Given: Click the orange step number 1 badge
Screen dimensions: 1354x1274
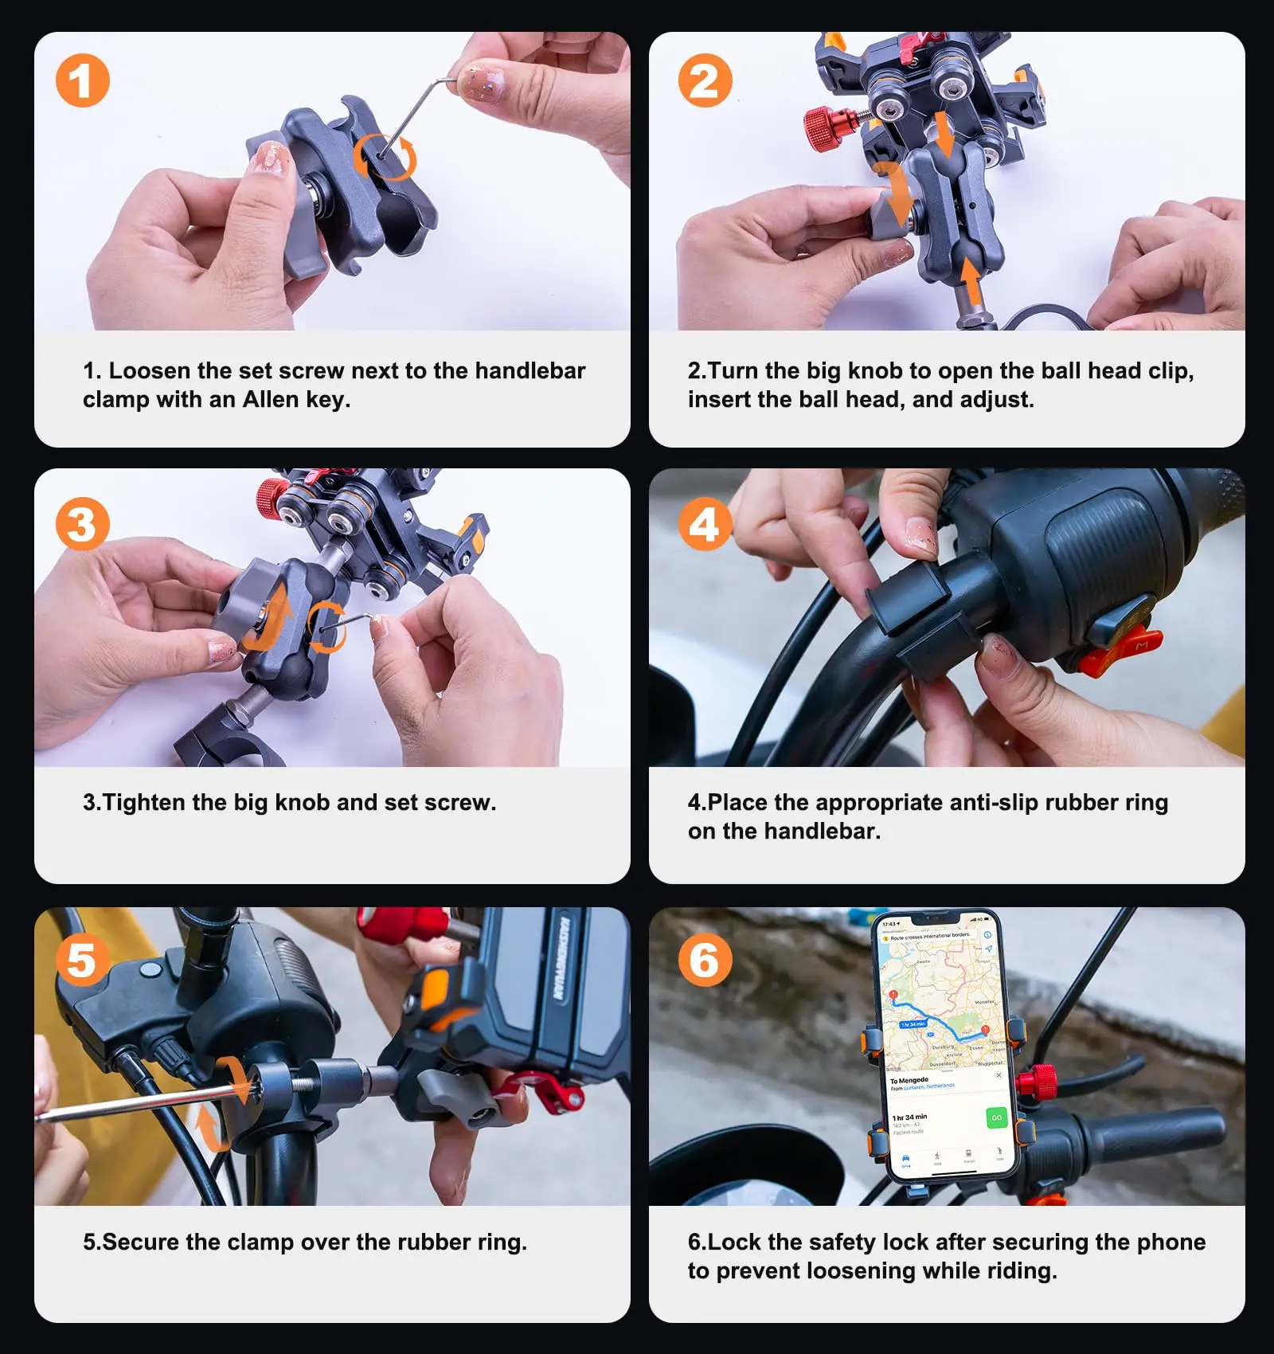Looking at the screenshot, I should click(x=82, y=80).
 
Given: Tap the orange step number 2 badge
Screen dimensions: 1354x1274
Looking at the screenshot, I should click(x=705, y=80).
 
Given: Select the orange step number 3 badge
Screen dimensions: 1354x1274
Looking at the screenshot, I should click(x=82, y=524).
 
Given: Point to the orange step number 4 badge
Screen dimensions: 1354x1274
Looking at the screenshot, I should click(x=705, y=524).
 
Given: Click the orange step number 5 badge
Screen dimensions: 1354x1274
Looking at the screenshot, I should click(x=82, y=960).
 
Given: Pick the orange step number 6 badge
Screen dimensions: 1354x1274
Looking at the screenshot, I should click(x=705, y=960).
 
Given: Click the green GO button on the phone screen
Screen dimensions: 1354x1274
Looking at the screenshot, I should click(x=996, y=1117).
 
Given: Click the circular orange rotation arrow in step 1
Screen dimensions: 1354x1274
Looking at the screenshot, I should click(x=385, y=156).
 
